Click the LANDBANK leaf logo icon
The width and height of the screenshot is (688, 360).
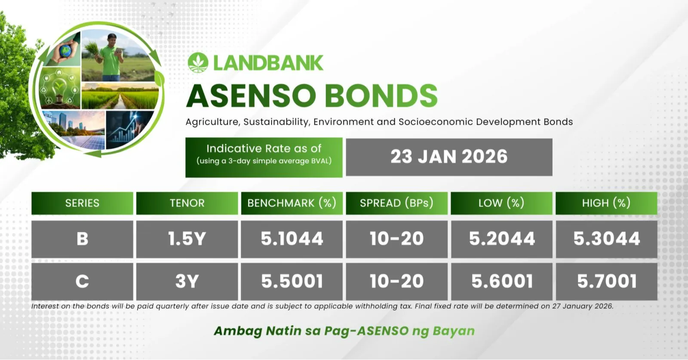click(x=198, y=63)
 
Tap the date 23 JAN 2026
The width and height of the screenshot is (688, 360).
click(x=449, y=157)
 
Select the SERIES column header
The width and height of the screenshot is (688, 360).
click(x=82, y=203)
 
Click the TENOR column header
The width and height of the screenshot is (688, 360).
click(x=187, y=203)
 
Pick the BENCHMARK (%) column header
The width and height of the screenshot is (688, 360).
click(x=292, y=203)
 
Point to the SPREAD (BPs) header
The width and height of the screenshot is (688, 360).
click(x=396, y=203)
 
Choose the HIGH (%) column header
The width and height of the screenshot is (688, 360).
click(x=606, y=203)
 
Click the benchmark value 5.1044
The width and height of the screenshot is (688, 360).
click(x=292, y=239)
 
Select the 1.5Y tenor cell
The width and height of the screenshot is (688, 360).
click(x=187, y=239)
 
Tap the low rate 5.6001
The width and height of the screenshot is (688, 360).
click(x=501, y=281)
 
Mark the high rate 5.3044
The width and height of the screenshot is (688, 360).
click(x=607, y=239)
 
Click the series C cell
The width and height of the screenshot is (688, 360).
click(x=82, y=281)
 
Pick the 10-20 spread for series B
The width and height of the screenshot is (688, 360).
click(x=396, y=239)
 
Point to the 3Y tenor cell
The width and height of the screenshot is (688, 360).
click(x=187, y=281)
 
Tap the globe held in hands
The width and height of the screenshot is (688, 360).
click(x=65, y=51)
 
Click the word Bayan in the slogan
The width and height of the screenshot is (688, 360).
click(x=454, y=331)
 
